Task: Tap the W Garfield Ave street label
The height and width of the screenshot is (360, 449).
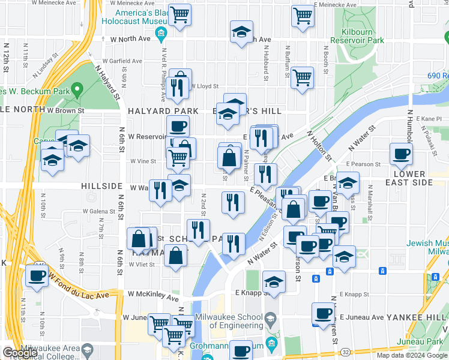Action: pyautogui.click(x=122, y=61)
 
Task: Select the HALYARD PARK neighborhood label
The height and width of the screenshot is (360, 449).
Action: pyautogui.click(x=163, y=111)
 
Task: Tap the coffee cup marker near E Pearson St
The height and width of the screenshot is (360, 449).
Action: pyautogui.click(x=401, y=154)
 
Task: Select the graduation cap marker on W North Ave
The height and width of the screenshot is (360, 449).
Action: pyautogui.click(x=241, y=32)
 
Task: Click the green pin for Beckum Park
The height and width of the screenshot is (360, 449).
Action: pyautogui.click(x=76, y=91)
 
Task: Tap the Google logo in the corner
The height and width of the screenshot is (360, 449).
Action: pyautogui.click(x=20, y=353)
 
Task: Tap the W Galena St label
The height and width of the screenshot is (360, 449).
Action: pyautogui.click(x=99, y=211)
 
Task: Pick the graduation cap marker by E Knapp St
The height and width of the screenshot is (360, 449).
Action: pyautogui.click(x=274, y=283)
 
